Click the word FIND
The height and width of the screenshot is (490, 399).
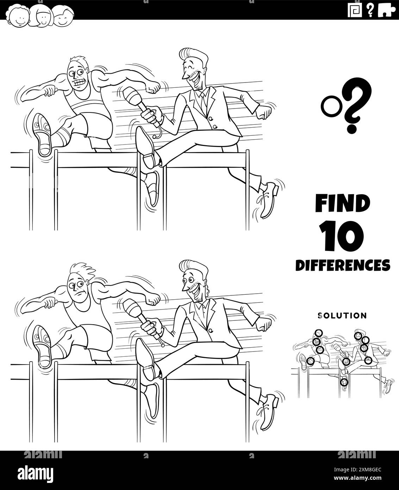point(342,203)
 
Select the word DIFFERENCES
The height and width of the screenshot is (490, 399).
point(343,265)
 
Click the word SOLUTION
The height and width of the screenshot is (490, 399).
point(342,316)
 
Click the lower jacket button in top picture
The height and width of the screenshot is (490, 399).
point(215,127)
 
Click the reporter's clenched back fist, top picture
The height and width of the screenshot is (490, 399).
point(265,113)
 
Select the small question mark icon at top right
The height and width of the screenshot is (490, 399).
point(370,10)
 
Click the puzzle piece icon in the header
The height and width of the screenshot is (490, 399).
point(387,11)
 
